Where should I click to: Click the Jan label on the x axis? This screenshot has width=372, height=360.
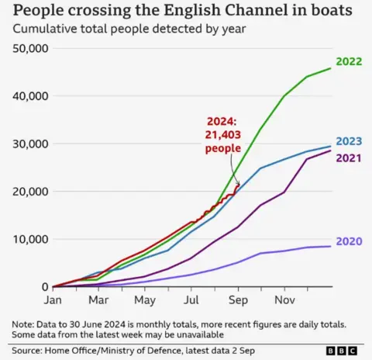pos(52,299)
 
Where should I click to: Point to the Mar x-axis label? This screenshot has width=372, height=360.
pos(98,299)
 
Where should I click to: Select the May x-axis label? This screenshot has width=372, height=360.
pos(144,299)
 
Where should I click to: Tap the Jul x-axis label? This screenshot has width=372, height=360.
pos(191,299)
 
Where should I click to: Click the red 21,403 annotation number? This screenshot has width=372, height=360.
pos(222,134)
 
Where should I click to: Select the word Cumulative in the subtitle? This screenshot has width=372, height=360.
pos(45,29)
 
